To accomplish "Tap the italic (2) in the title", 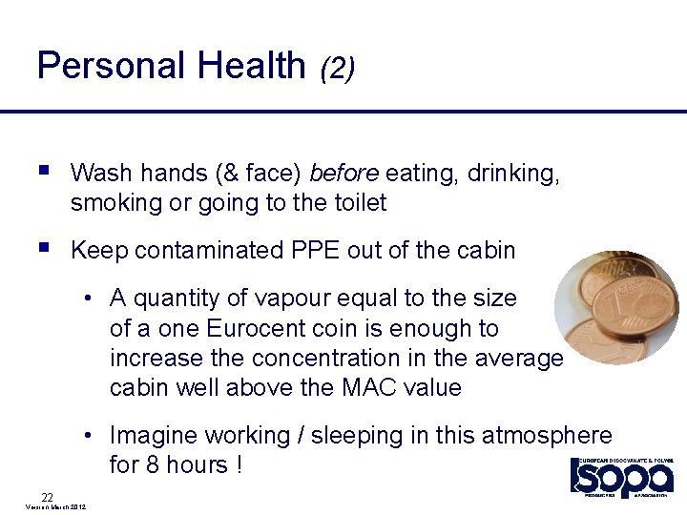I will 338,68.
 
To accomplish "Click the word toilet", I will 361,202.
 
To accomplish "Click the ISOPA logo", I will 622,477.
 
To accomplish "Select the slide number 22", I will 47,496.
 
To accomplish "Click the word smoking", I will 111,202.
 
